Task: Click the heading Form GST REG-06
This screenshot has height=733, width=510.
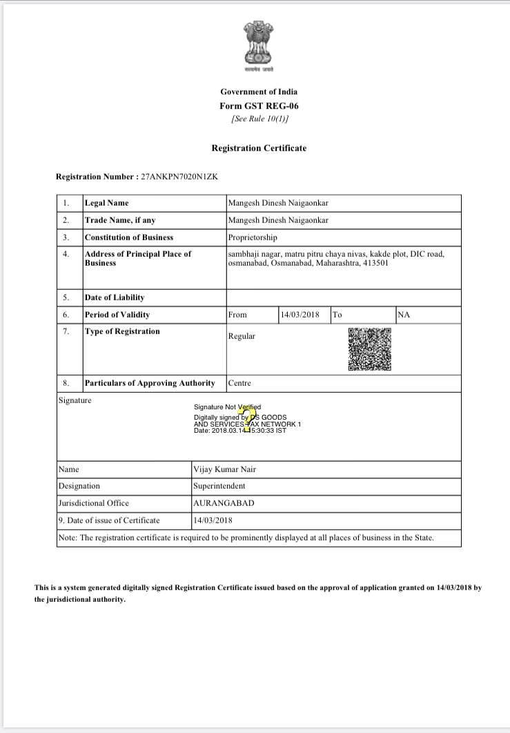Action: pos(259,106)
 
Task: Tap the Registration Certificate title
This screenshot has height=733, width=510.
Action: pos(259,148)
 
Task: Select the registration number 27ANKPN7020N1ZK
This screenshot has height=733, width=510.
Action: pos(180,177)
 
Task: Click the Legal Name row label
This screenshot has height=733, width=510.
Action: pos(106,203)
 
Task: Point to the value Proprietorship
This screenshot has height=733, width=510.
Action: pos(253,237)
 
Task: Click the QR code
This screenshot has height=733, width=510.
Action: pos(369,349)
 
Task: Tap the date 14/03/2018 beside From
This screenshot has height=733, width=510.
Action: pos(300,315)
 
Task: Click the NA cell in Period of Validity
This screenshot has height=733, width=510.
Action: pos(404,315)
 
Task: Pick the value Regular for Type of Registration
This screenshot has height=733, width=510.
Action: pos(242,336)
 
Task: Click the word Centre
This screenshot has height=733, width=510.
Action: pos(239,383)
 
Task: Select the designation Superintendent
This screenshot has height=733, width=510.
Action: pos(219,486)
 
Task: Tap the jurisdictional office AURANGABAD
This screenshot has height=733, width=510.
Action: pos(224,503)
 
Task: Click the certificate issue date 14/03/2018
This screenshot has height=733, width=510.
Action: pos(213,520)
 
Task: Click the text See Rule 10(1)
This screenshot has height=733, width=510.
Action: pos(259,119)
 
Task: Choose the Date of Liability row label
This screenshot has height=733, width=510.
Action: pos(115,297)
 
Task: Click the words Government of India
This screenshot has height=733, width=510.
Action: pos(259,92)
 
